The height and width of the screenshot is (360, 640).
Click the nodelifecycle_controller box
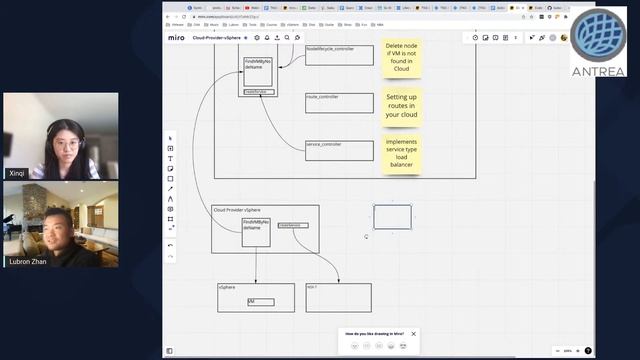pyautogui.click(x=339, y=55)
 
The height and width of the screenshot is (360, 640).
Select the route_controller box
pyautogui.click(x=339, y=103)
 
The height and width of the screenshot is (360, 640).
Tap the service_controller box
pyautogui.click(x=339, y=150)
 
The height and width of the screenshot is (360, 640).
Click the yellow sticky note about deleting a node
pyautogui.click(x=401, y=58)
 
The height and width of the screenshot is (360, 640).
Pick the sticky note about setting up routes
pyautogui.click(x=401, y=105)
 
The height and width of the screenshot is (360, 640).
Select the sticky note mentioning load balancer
pyautogui.click(x=401, y=153)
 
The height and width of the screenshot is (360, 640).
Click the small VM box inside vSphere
pyautogui.click(x=260, y=301)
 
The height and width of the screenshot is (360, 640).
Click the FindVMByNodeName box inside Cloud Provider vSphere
pyautogui.click(x=256, y=232)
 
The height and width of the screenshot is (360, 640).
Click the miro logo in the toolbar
pyautogui.click(x=176, y=37)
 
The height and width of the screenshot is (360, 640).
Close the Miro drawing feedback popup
pyautogui.click(x=414, y=333)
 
